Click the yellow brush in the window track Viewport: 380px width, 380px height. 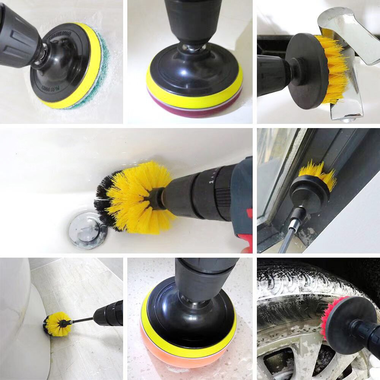pos(317,175)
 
